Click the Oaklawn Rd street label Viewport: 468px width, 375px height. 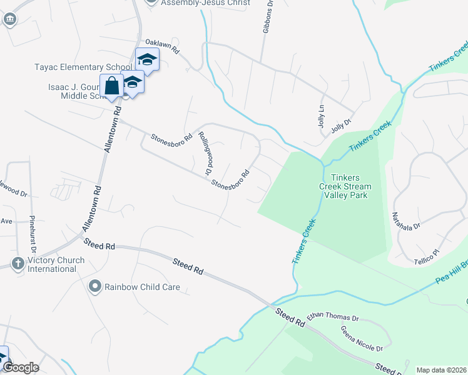point(163,46)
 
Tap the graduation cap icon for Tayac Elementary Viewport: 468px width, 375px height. point(147,60)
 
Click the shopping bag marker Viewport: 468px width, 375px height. point(112,86)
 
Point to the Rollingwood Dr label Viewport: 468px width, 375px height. point(203,152)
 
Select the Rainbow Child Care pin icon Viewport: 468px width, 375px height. point(94,287)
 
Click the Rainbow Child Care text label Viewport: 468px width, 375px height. point(142,287)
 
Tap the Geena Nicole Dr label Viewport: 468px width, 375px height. point(361,338)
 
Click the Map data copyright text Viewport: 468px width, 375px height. point(441,370)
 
